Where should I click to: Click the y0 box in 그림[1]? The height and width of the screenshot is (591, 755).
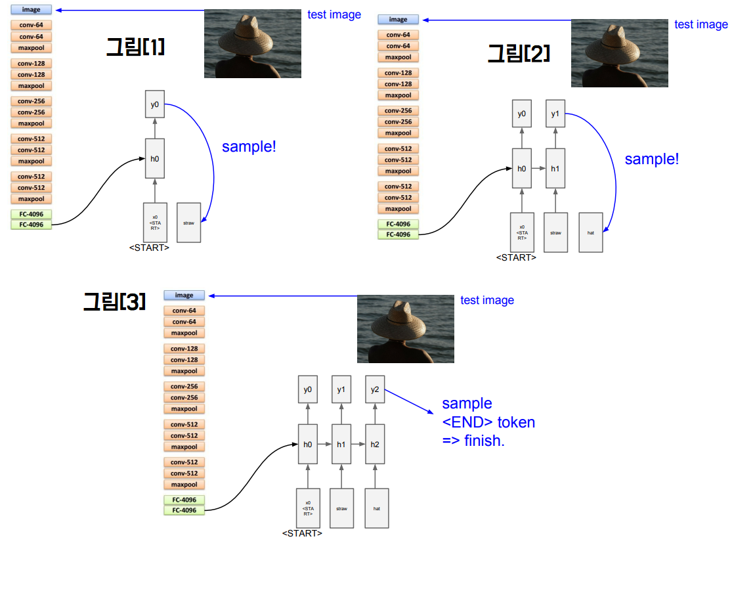click(155, 104)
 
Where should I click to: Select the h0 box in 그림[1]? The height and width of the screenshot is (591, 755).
click(155, 158)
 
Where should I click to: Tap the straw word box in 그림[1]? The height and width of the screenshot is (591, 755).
click(189, 223)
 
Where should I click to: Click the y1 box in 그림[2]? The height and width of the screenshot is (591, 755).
click(555, 114)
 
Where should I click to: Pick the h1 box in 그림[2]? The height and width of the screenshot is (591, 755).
click(555, 169)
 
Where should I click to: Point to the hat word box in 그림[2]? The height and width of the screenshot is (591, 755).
click(591, 232)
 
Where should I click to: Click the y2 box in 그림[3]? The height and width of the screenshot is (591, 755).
click(375, 389)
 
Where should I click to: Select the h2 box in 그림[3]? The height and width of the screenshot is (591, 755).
click(375, 445)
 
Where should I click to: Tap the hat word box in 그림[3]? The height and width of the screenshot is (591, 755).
click(377, 508)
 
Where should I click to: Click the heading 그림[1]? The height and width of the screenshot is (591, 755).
click(135, 47)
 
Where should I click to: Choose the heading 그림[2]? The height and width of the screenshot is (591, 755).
click(518, 53)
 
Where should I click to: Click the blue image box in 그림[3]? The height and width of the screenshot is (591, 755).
click(184, 295)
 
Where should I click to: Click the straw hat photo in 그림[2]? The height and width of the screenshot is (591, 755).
click(619, 53)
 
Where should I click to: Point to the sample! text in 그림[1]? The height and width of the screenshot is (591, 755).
click(249, 146)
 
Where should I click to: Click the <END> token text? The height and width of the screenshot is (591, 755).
click(488, 422)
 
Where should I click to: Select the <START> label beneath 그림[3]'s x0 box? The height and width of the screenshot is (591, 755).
click(302, 533)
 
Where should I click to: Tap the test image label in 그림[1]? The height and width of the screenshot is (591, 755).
click(334, 14)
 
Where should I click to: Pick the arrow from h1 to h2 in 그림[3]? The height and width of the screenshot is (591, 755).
click(358, 445)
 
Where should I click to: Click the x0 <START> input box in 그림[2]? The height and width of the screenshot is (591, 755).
click(522, 232)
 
